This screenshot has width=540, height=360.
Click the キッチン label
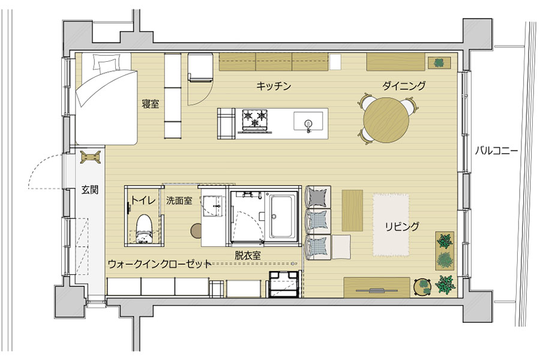tap(274, 86)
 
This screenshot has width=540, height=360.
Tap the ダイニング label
tap(404, 86)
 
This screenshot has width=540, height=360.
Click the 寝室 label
tap(150, 104)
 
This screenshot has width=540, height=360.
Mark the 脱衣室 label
tap(247, 254)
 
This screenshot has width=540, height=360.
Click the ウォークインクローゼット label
tap(160, 263)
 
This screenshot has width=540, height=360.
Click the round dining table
tap(386, 119)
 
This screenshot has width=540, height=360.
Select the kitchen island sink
tap(308, 122)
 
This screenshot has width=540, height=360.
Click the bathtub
tap(283, 215)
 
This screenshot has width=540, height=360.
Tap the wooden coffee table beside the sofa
tap(352, 209)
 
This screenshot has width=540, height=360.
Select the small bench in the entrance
tap(91, 157)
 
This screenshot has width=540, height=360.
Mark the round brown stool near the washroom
tap(196, 230)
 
